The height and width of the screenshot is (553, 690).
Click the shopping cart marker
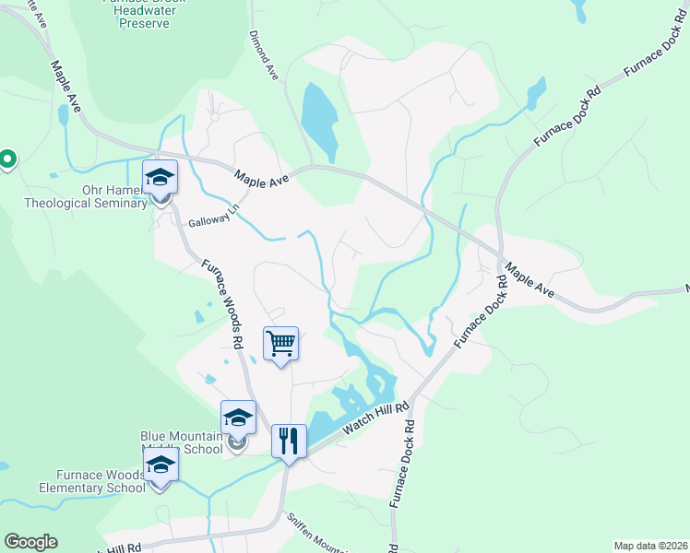point(280,344)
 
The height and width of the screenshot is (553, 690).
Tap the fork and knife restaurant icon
point(288,441)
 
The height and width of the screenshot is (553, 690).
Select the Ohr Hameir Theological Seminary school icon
point(160,177)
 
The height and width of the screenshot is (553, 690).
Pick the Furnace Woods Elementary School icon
point(161,469)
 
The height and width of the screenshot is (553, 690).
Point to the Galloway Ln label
point(208,222)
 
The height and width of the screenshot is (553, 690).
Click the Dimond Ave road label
point(263,56)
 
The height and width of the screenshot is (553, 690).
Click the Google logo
point(30,542)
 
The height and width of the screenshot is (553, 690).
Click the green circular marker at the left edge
point(6,160)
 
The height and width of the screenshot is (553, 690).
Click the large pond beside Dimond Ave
point(316,120)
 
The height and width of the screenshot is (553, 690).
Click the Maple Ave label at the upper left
point(65,87)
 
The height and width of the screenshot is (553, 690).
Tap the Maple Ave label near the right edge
point(529,277)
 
